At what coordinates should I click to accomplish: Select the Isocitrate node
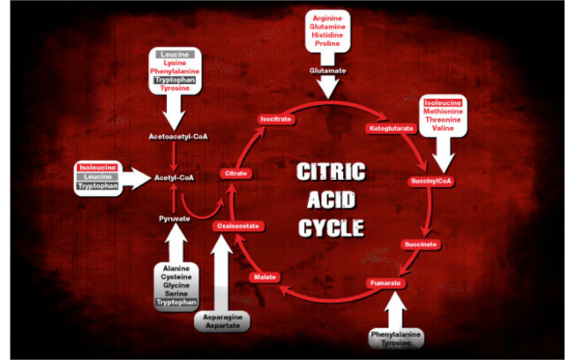click(274, 118)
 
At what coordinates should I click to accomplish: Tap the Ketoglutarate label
click(390, 129)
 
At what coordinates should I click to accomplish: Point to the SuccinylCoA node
click(431, 182)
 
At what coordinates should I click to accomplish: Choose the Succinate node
click(420, 244)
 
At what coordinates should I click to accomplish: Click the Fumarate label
click(385, 282)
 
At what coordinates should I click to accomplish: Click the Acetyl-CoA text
click(174, 177)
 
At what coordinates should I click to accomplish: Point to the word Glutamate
click(327, 70)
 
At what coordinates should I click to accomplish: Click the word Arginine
click(327, 18)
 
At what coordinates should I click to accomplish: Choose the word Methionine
click(443, 110)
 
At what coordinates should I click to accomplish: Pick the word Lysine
click(175, 63)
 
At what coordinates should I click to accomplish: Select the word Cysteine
click(175, 276)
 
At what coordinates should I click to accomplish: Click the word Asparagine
click(225, 315)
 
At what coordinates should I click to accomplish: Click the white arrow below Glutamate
click(327, 86)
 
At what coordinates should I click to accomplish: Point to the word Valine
click(443, 128)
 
